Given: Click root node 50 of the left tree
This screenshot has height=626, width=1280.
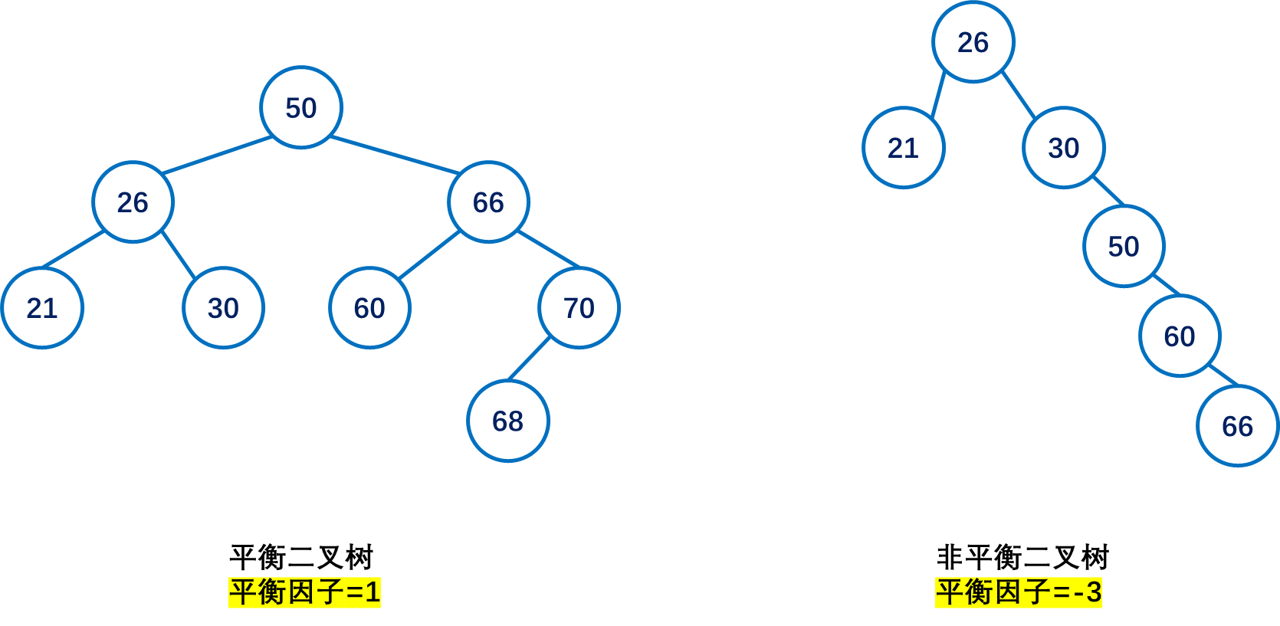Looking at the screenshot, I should click(x=300, y=107).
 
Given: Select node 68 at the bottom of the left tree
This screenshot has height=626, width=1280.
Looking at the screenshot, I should click(x=507, y=421).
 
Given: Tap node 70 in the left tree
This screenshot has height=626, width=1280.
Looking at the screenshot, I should click(x=579, y=308).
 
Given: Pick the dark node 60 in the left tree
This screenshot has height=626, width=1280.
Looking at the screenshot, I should click(x=369, y=308).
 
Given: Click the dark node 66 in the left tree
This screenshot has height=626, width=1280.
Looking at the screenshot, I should click(x=488, y=202).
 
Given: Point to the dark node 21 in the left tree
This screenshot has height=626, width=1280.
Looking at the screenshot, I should click(x=42, y=308).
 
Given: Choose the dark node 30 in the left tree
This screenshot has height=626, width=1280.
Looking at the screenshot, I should click(x=223, y=308).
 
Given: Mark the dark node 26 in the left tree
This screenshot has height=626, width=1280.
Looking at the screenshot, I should click(x=133, y=202).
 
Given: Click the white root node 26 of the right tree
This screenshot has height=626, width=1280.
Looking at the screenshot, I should click(x=973, y=42).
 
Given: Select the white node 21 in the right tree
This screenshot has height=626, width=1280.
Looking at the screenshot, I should click(x=903, y=148).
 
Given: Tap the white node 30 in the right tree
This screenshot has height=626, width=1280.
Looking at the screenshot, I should click(x=1063, y=148).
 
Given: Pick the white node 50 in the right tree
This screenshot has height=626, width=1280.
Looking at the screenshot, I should click(x=1124, y=247).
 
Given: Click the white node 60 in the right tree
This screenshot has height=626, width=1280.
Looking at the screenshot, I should click(x=1179, y=336).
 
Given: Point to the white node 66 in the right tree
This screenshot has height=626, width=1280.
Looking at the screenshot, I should click(x=1237, y=426).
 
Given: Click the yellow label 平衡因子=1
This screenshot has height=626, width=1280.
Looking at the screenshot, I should click(x=304, y=592).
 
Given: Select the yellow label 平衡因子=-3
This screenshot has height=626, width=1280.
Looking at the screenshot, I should click(x=1018, y=592).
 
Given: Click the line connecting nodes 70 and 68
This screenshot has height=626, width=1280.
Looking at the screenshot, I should click(x=530, y=358).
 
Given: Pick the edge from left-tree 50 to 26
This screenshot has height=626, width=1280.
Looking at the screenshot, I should click(x=217, y=156).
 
